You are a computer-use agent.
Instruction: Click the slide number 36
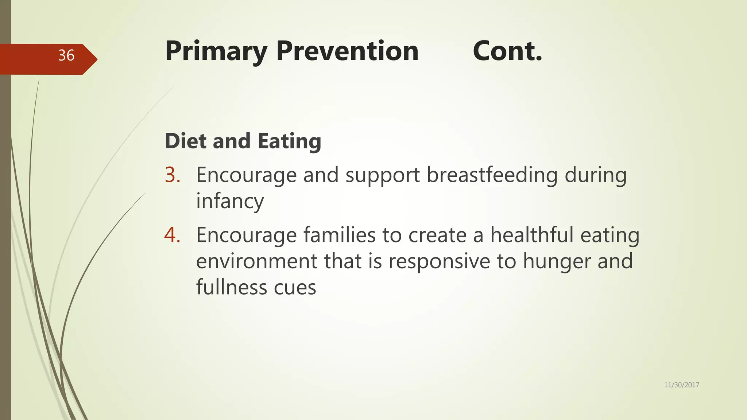pos(66,55)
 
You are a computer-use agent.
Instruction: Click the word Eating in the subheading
pos(289,141)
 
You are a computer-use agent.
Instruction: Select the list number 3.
pos(173,175)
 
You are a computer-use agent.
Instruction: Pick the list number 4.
pos(173,235)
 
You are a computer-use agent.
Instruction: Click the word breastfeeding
pos(492,175)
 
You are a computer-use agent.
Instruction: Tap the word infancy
pos(230,202)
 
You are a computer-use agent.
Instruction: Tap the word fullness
pos(232,287)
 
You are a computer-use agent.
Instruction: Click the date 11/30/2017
pos(681,385)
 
